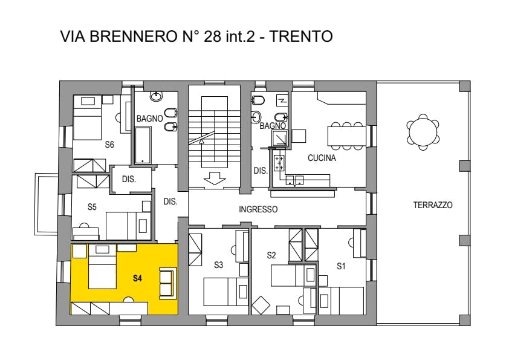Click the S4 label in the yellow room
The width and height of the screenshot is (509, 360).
(x=137, y=278)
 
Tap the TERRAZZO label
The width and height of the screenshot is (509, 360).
(x=433, y=205)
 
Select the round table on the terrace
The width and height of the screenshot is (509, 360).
(x=423, y=133)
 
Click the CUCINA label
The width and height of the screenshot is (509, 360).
(x=322, y=158)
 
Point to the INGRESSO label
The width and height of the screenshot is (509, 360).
(x=258, y=209)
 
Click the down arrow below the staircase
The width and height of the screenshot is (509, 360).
(x=214, y=178)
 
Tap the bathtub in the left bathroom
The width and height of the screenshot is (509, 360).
(x=143, y=145)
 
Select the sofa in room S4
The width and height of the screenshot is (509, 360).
(x=167, y=283)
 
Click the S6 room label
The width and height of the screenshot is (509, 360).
(x=109, y=144)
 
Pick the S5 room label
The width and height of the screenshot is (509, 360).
(x=92, y=207)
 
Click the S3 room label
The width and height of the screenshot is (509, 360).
(x=218, y=265)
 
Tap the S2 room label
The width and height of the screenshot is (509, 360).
(x=271, y=255)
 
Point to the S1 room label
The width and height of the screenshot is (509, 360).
(x=341, y=266)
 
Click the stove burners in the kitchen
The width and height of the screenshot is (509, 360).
(x=279, y=163)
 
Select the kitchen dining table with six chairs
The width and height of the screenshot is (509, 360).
(x=347, y=136)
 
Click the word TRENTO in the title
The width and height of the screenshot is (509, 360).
(x=301, y=36)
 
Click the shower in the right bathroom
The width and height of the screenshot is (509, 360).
(x=280, y=138)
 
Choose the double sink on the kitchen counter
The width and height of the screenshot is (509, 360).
(x=294, y=180)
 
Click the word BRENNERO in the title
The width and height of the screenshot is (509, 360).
(x=133, y=36)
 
